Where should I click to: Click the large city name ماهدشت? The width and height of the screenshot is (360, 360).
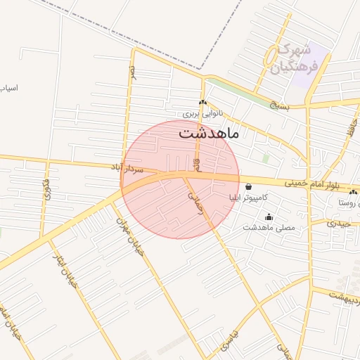click(x=209, y=133)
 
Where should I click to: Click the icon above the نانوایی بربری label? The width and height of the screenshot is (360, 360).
click(x=202, y=103)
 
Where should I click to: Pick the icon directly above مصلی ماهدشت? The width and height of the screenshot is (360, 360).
click(x=268, y=217)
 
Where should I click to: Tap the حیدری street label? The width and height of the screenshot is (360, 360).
click(x=338, y=223)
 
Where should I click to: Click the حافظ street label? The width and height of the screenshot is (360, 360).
click(x=348, y=128)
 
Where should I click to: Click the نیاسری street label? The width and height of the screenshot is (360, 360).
click(x=229, y=341)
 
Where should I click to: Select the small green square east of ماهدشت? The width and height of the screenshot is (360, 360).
click(x=266, y=158)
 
